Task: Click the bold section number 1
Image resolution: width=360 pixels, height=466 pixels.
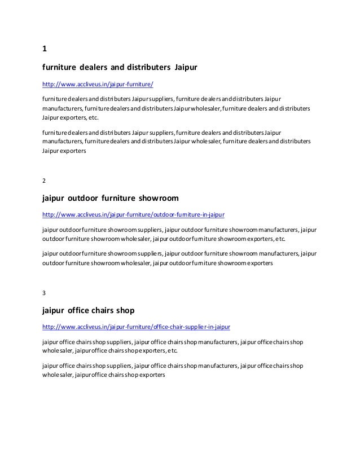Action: pos(45,48)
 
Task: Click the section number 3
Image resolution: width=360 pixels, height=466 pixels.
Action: pos(45,293)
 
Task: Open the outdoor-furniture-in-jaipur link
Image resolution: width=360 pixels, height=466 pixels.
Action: pos(134,215)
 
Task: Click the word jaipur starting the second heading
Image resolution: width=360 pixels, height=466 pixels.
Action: pos(54,199)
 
